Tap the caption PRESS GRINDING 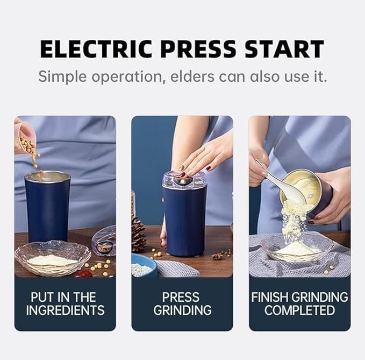coord(182,303)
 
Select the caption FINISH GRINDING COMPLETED coord(299,303)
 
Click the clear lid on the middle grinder coord(184,180)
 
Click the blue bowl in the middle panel coord(142,266)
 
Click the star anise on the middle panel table coord(217,257)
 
